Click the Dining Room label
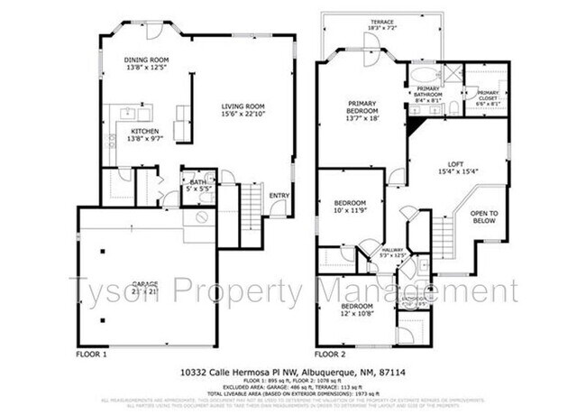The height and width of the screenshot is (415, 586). click(146, 64)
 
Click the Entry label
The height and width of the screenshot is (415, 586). click(279, 196)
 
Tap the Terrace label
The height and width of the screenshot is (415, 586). click(382, 24)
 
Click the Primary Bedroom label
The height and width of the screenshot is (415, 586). click(363, 110)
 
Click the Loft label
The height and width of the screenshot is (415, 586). click(456, 167)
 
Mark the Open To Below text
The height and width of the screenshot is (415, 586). click(485, 217)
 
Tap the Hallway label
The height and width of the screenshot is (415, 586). click(392, 253)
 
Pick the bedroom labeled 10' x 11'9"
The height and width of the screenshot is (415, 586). click(350, 207)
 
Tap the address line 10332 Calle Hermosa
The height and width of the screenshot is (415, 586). click(293, 372)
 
